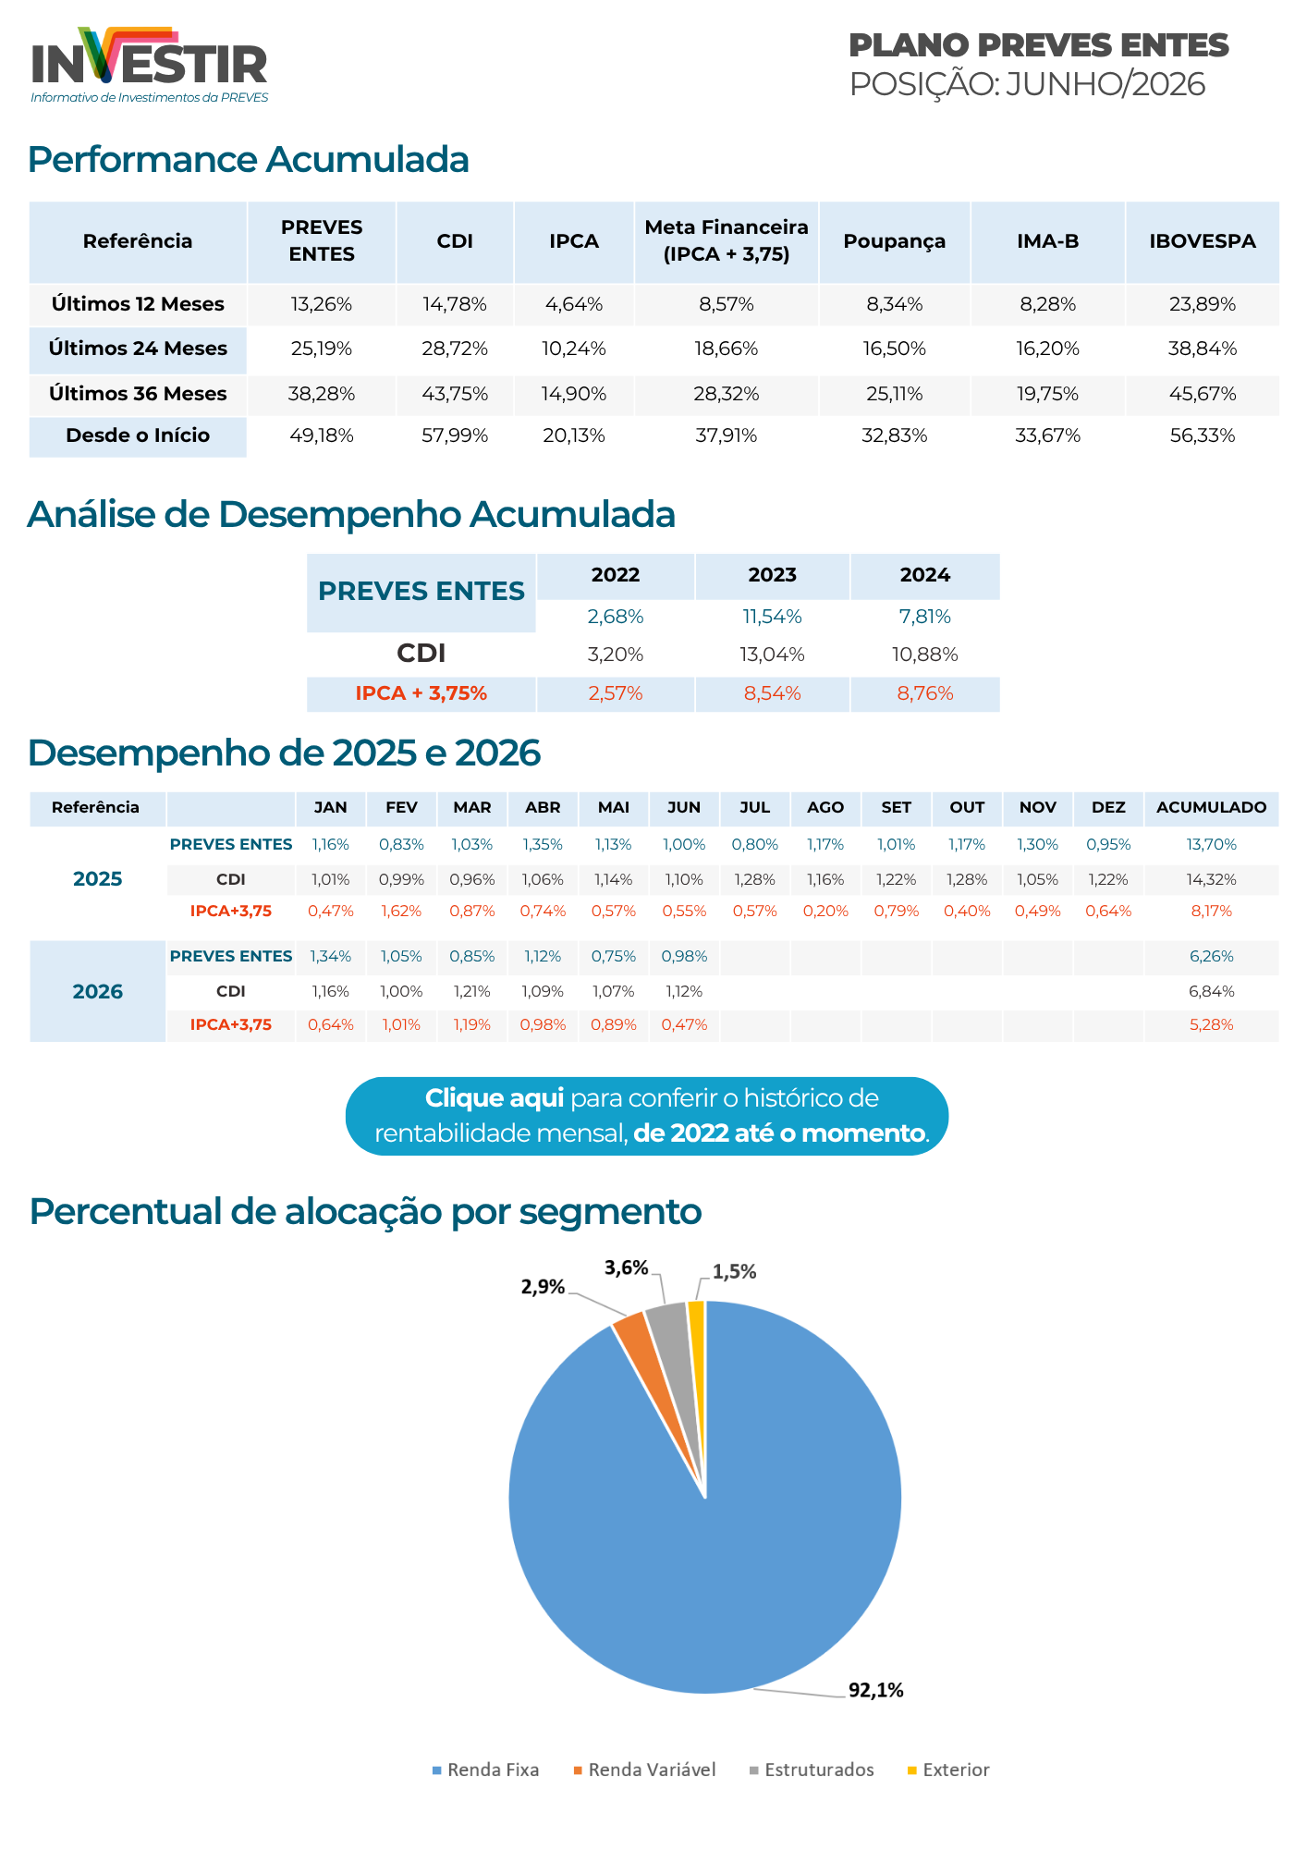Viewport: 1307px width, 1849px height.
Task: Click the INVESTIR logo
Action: pyautogui.click(x=149, y=65)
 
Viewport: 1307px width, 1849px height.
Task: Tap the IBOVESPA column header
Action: pyautogui.click(x=1203, y=241)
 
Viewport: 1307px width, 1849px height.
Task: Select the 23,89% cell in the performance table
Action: pyautogui.click(x=1203, y=304)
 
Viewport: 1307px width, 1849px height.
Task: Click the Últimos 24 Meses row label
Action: pyautogui.click(x=138, y=349)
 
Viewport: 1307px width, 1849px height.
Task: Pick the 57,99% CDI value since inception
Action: pyautogui.click(x=455, y=435)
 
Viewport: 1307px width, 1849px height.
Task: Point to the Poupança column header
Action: pyautogui.click(x=894, y=241)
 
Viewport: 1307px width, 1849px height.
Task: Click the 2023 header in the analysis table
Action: pyautogui.click(x=772, y=575)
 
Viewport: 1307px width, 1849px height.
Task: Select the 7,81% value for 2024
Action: pyautogui.click(x=925, y=617)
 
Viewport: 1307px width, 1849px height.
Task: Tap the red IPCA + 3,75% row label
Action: pyautogui.click(x=421, y=693)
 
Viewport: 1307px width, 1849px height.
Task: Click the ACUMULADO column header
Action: pyautogui.click(x=1211, y=807)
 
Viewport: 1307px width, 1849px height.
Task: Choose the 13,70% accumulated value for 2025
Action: pyautogui.click(x=1211, y=844)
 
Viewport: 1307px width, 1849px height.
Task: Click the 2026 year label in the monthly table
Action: pyautogui.click(x=98, y=991)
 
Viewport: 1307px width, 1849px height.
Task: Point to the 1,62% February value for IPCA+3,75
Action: pyautogui.click(x=401, y=911)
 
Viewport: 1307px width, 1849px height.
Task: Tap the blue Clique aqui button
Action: pyautogui.click(x=647, y=1116)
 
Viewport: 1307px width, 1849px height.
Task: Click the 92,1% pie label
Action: pyautogui.click(x=875, y=1690)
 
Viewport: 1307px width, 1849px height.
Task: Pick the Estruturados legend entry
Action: pyautogui.click(x=812, y=1769)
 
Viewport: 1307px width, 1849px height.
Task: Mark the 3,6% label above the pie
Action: pyautogui.click(x=627, y=1267)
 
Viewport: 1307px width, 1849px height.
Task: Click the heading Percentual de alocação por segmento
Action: pyautogui.click(x=365, y=1211)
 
